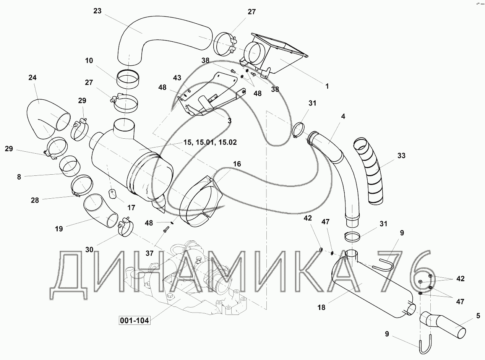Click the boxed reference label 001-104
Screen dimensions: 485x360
click(135, 320)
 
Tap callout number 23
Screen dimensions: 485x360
click(97, 11)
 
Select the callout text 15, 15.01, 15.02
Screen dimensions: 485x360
click(210, 143)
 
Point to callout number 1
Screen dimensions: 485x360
click(327, 86)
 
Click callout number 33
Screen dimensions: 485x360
click(401, 156)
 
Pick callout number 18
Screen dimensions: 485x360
click(321, 308)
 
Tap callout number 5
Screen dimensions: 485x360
click(478, 316)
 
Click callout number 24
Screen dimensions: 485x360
click(32, 78)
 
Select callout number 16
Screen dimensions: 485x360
click(237, 164)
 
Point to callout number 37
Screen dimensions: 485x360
click(149, 253)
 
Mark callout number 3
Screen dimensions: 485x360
click(229, 120)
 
